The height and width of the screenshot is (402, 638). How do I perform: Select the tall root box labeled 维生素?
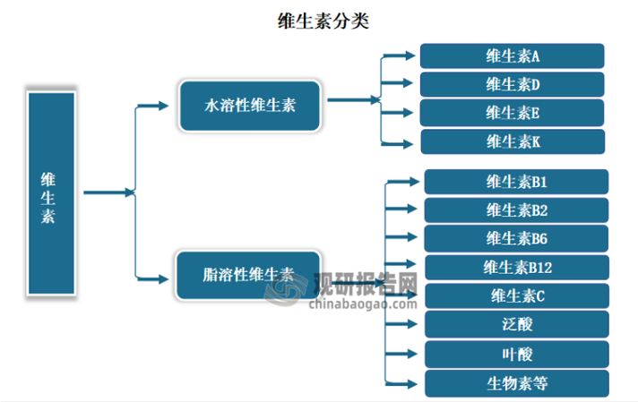coord(48,192)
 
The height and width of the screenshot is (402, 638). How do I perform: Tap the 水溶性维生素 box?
coord(250,106)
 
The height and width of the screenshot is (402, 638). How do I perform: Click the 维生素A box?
coord(512,56)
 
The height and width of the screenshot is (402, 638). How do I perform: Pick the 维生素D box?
coord(512,85)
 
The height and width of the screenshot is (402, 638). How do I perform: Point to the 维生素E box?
coord(512,113)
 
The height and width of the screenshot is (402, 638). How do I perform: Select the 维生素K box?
coord(512,141)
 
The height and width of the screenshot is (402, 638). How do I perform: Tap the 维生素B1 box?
coord(515,183)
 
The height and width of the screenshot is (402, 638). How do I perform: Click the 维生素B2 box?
coord(515,210)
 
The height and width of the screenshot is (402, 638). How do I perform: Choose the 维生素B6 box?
coord(515,238)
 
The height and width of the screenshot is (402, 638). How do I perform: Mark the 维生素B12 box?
coord(515,267)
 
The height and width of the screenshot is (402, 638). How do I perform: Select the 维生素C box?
coord(515,295)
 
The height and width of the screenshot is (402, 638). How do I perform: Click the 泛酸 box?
coord(515,323)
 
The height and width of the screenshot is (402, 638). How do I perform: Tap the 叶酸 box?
coord(515,353)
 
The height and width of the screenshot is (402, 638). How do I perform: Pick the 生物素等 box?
coord(515,383)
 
